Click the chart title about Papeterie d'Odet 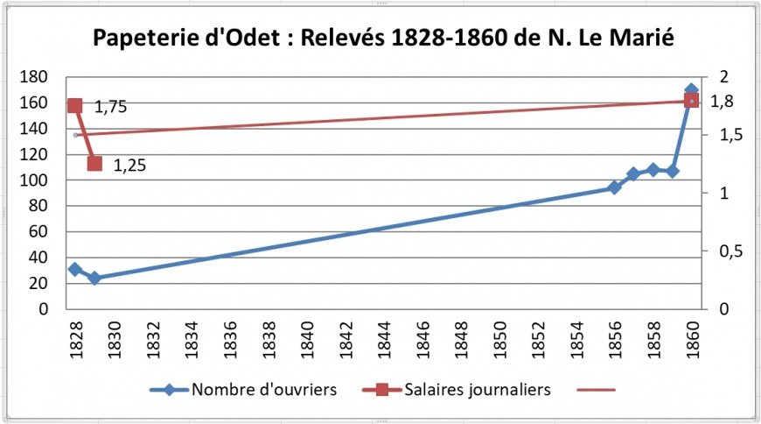pos(383,39)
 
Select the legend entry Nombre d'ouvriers pos(263,391)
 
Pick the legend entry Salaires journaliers pos(476,391)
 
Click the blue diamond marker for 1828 pos(75,269)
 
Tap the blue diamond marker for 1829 pos(94,278)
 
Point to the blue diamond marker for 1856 pos(614,187)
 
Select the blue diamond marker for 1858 pos(653,170)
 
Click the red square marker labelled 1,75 pos(75,106)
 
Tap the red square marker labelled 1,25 pos(94,164)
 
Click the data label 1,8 pos(723,102)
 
